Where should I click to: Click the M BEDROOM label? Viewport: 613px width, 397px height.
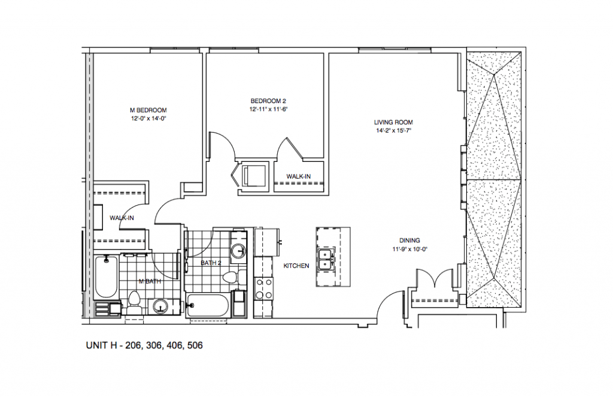click(x=148, y=110)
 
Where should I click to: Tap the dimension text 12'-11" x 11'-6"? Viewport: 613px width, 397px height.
click(x=269, y=110)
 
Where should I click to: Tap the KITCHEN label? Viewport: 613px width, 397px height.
click(x=296, y=266)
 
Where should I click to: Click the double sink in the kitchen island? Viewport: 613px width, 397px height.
click(x=326, y=258)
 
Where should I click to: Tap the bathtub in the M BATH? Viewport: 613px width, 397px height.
click(x=106, y=276)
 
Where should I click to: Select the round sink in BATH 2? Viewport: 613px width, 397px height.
click(x=238, y=251)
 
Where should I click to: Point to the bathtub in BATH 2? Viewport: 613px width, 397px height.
click(x=208, y=305)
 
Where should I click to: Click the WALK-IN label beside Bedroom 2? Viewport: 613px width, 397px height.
click(x=298, y=176)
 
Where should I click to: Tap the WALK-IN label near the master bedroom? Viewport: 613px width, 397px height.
click(x=121, y=218)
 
